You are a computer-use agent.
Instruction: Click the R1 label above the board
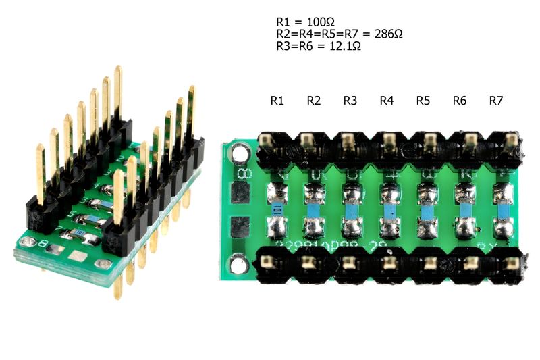276,101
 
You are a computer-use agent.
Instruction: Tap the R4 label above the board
386,101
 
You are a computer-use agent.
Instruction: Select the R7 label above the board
495,101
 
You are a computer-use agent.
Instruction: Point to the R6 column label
459,101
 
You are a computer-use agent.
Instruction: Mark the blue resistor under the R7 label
501,211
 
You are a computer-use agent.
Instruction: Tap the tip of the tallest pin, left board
118,69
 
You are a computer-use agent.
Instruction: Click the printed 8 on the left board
43,242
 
